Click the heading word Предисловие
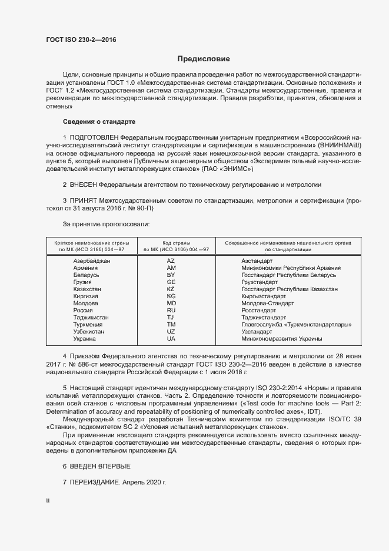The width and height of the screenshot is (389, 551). click(204, 59)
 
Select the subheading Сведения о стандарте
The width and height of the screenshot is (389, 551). click(99, 121)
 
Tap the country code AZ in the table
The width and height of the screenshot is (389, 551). click(171, 260)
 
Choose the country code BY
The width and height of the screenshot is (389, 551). click(171, 275)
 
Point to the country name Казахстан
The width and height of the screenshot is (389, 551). click(87, 289)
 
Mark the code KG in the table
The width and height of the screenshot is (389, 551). click(171, 296)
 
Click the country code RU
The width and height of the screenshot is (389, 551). click(171, 311)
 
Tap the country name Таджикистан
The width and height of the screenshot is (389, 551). click(91, 318)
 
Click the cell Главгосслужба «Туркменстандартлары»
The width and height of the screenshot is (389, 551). click(297, 325)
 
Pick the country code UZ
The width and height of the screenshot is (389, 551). click(171, 332)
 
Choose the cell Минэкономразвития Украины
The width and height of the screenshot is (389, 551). click(282, 339)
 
